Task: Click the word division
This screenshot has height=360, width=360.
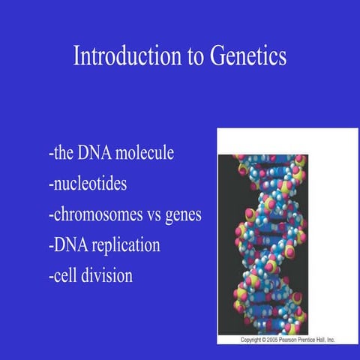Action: (106, 276)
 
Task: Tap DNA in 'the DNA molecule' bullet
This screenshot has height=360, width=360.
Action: (92, 154)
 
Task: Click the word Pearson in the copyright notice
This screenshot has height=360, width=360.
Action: (297, 340)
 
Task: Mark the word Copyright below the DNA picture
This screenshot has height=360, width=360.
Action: (252, 340)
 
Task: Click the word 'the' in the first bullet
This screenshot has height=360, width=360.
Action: (62, 154)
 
